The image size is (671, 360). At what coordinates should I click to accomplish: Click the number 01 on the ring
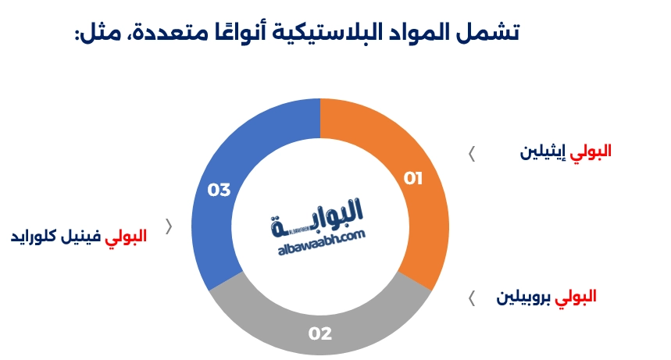(x=413, y=179)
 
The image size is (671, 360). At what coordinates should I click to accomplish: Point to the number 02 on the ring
(x=320, y=334)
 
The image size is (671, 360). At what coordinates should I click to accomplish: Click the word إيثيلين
(x=544, y=151)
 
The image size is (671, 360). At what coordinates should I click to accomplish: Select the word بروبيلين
(x=525, y=297)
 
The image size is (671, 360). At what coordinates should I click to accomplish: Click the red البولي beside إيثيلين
(x=591, y=151)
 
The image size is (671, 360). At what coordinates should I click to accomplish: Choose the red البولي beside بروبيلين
(x=576, y=297)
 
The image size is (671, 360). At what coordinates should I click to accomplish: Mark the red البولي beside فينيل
(x=125, y=236)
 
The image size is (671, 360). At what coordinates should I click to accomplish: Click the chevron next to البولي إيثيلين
(x=471, y=153)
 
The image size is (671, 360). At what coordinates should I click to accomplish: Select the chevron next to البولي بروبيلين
(x=471, y=298)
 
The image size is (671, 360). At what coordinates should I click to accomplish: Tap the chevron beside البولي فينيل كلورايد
(x=169, y=226)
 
